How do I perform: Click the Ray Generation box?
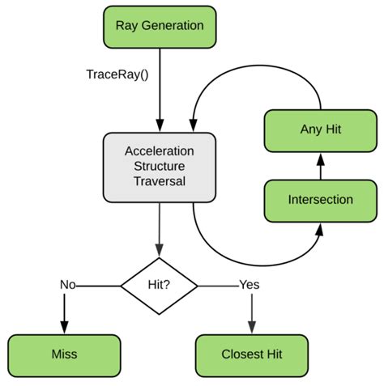tap(160, 28)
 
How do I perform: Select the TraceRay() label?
tap(117, 74)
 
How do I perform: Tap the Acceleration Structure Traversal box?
tap(160, 168)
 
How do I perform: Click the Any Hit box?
tap(321, 131)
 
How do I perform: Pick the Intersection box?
tap(321, 201)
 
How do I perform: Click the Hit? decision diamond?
tap(159, 286)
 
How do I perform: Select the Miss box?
tap(64, 356)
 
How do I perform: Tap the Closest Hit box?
tap(252, 356)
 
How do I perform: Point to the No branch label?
tap(68, 285)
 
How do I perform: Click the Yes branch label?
tap(250, 285)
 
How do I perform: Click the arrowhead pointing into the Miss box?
tap(64, 328)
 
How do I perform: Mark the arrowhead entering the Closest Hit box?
tap(252, 328)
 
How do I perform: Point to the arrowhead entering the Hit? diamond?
tap(159, 250)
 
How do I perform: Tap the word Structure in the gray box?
tap(160, 166)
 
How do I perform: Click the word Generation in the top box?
tap(173, 26)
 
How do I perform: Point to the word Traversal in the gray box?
tap(160, 181)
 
